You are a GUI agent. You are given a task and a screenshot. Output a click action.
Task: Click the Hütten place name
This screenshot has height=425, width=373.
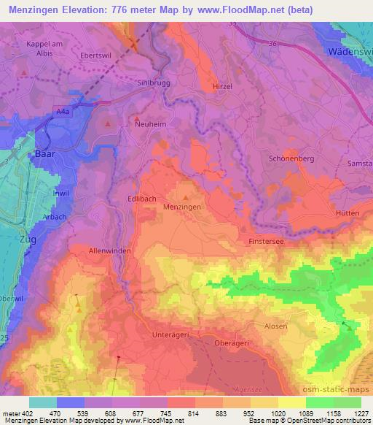coord(348,212)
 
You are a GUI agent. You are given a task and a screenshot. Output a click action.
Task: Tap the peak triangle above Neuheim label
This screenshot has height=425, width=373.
coord(136,117)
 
